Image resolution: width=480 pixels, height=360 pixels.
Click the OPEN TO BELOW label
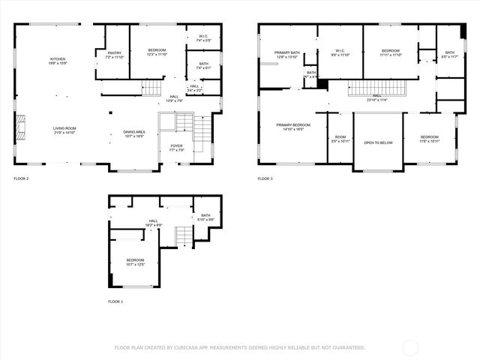tap(379, 142)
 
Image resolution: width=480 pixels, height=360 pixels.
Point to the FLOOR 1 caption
tap(116, 301)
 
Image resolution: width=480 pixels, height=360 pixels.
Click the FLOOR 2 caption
tap(22, 178)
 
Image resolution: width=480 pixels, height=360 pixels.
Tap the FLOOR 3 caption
tap(265, 178)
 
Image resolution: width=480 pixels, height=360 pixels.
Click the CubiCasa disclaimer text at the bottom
tap(239, 347)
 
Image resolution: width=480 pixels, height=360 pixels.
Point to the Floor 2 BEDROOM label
tap(157, 51)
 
